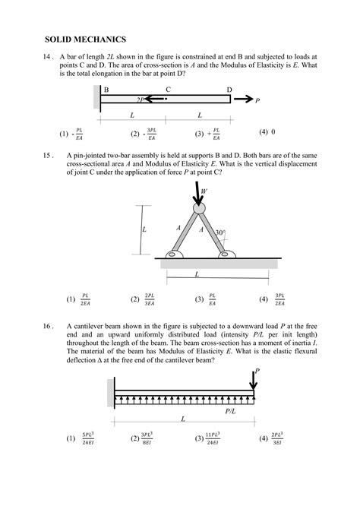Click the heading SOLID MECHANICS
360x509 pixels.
[x=85, y=39]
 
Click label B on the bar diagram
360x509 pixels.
[x=106, y=90]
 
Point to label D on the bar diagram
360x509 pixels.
[x=229, y=90]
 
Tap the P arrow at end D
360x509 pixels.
[x=244, y=100]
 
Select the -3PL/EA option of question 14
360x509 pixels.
[x=144, y=134]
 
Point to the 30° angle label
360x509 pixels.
[x=220, y=233]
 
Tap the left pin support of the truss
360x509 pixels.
[x=173, y=254]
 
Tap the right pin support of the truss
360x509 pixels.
[x=226, y=254]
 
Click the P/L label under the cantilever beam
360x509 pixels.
[x=232, y=411]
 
